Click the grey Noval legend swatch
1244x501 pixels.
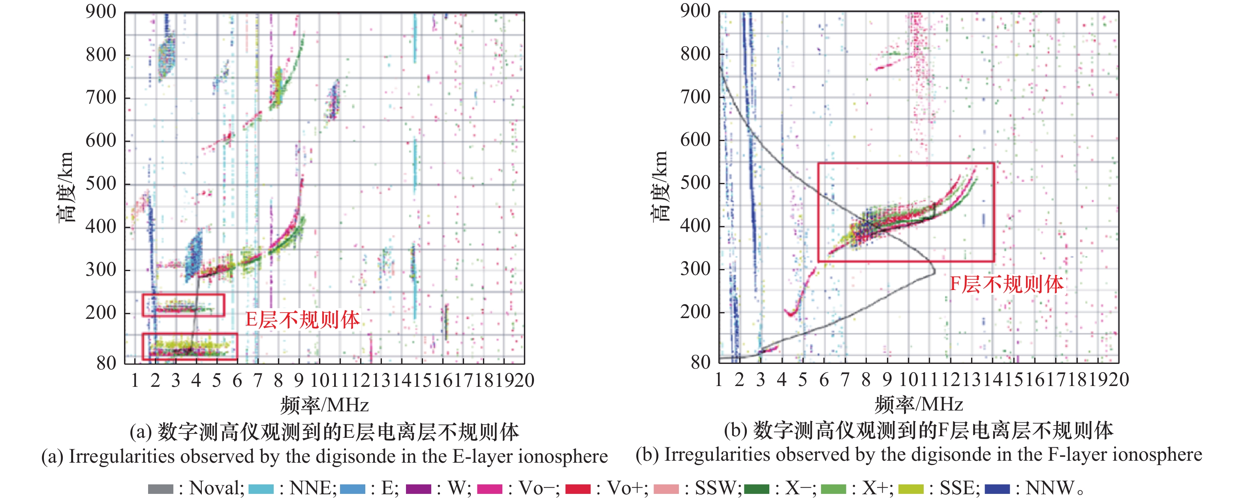pyautogui.click(x=160, y=489)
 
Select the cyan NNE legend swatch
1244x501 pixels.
pyautogui.click(x=261, y=489)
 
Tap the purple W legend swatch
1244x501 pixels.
pyautogui.click(x=418, y=489)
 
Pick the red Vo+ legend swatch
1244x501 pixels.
pyautogui.click(x=577, y=489)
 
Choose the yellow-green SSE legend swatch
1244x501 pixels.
pyautogui.click(x=911, y=489)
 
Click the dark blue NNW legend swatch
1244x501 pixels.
pyautogui.click(x=997, y=489)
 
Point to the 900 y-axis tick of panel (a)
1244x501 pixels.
pyautogui.click(x=101, y=11)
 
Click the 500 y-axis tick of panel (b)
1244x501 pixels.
pyautogui.click(x=695, y=183)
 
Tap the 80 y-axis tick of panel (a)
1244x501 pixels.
pyautogui.click(x=106, y=362)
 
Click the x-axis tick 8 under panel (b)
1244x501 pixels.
pyautogui.click(x=866, y=380)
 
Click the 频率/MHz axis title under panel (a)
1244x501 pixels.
pyautogui.click(x=325, y=405)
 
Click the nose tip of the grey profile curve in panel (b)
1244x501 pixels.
pyautogui.click(x=934, y=273)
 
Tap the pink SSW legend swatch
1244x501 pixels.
pyautogui.click(x=666, y=489)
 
